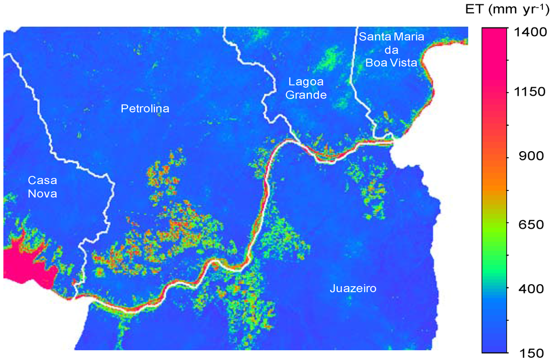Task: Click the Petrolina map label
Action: pyautogui.click(x=144, y=109)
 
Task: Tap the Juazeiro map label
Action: pyautogui.click(x=352, y=289)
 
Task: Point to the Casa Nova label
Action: pyautogui.click(x=43, y=187)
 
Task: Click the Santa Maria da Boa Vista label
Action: pyautogui.click(x=392, y=50)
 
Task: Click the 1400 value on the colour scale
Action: pyautogui.click(x=529, y=32)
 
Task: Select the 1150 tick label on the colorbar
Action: pyautogui.click(x=529, y=92)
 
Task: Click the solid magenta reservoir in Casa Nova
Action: pyautogui.click(x=24, y=264)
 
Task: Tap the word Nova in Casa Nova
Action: pyautogui.click(x=43, y=194)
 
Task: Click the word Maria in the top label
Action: pyautogui.click(x=408, y=37)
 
